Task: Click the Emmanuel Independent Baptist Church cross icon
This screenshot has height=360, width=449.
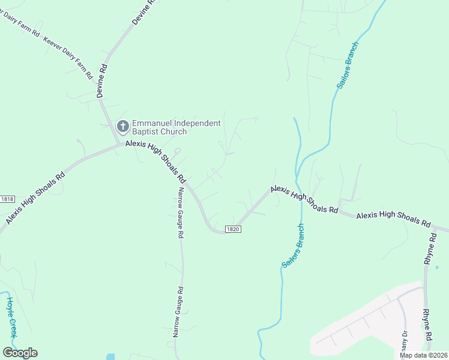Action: [x=122, y=127]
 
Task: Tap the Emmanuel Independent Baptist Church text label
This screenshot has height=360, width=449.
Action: [x=176, y=127]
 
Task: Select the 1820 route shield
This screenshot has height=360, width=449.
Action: [x=234, y=229]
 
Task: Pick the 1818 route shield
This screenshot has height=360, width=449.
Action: [x=7, y=199]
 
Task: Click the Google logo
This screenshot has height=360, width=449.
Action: [x=20, y=353]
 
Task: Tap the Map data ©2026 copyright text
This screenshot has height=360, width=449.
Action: [x=424, y=355]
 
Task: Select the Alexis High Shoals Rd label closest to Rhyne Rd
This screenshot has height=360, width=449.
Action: [x=393, y=219]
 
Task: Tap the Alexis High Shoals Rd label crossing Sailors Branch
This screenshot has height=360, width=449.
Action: [x=304, y=200]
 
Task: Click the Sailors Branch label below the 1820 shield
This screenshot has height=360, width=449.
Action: [x=292, y=245]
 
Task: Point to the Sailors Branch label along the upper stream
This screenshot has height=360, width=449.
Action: [x=348, y=65]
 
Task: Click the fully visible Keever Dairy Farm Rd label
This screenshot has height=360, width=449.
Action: [x=68, y=58]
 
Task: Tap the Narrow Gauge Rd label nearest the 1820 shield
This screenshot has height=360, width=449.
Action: [x=180, y=213]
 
